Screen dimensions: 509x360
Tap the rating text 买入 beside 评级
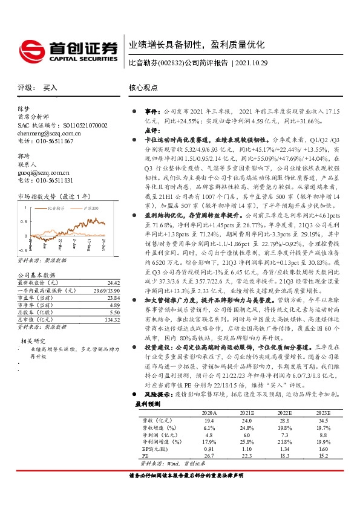pyautogui.click(x=50, y=88)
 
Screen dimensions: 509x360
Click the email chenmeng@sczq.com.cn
pyautogui.click(x=49, y=132)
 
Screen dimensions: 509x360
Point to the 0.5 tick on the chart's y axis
pyautogui.click(x=22, y=221)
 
